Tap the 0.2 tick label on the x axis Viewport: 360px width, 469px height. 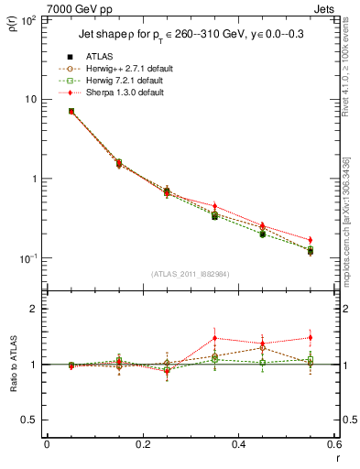[x=142, y=444]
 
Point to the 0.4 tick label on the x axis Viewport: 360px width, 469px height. [x=238, y=444]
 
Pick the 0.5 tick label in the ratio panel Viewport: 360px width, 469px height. [x=29, y=420]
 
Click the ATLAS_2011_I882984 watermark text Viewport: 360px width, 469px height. [x=191, y=274]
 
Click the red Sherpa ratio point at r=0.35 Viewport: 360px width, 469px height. [x=214, y=338]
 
